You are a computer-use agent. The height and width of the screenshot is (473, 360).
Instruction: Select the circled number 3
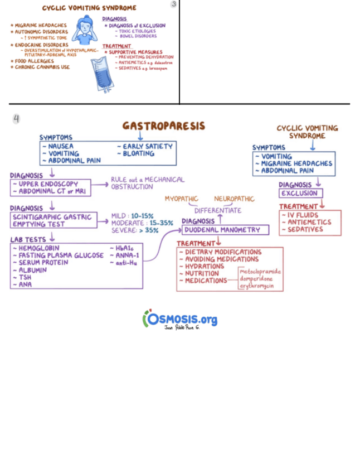173,4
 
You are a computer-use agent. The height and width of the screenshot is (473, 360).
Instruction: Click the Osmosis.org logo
179,319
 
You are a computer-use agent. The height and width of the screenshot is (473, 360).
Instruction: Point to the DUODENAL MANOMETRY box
225,230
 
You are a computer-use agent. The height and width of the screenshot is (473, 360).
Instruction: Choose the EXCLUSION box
300,194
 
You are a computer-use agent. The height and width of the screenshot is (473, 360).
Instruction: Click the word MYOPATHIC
181,199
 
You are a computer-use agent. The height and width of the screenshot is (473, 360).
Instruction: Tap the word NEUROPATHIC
234,199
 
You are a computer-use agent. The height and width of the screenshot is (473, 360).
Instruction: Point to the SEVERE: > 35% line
135,230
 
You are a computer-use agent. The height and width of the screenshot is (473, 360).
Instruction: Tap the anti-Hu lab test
126,263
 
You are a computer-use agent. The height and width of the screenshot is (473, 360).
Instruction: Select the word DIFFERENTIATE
218,210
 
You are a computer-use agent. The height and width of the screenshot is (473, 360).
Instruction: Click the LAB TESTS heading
28,239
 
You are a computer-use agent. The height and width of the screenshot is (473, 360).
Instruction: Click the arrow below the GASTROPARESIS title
139,136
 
